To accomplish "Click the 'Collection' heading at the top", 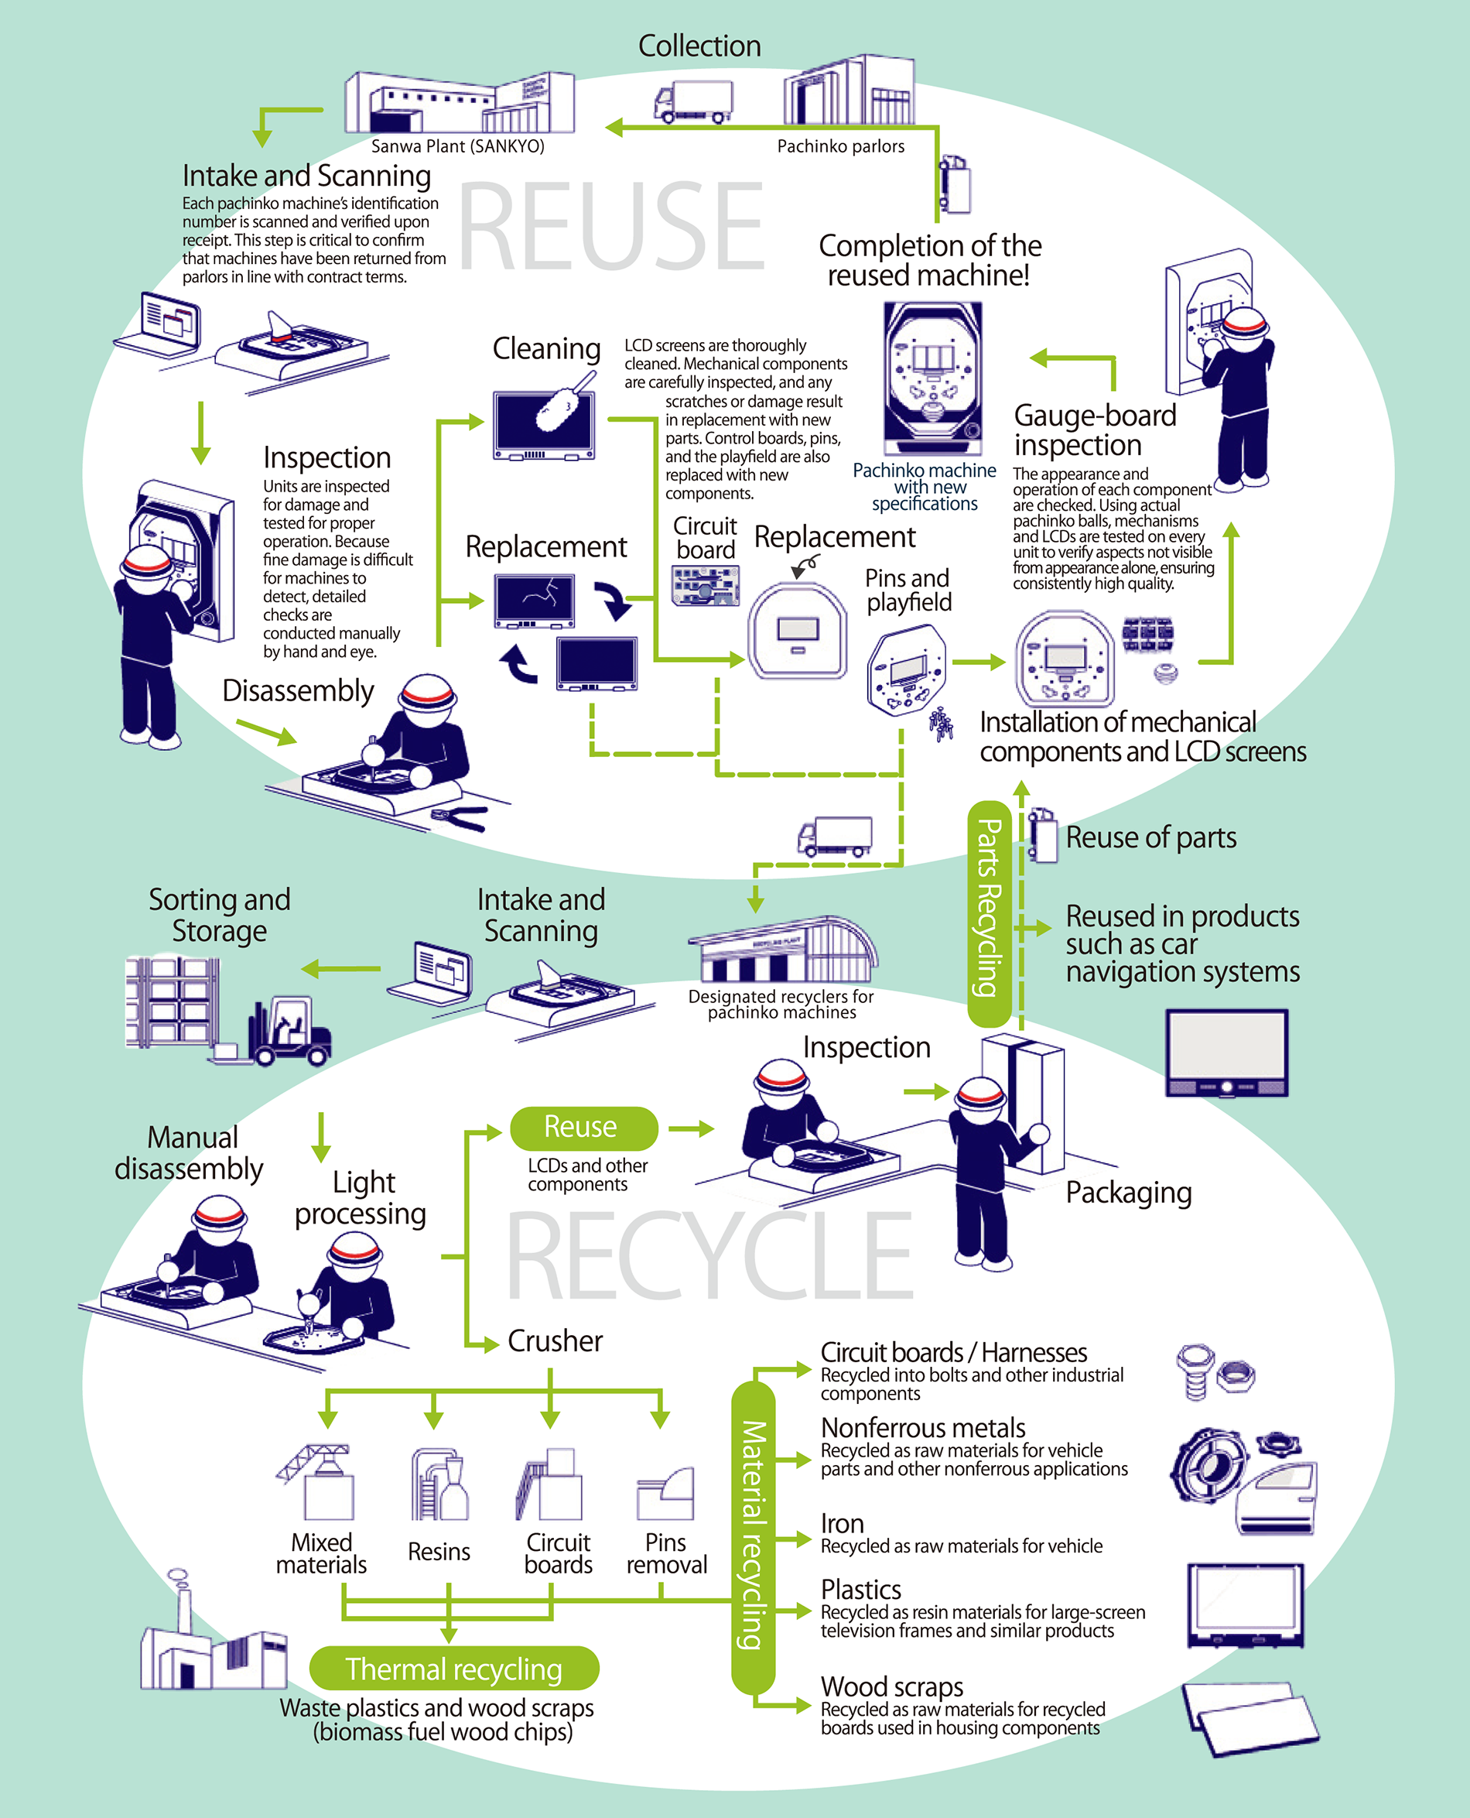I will coord(699,46).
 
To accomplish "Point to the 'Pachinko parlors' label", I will coord(840,146).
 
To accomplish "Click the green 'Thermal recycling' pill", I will coord(454,1668).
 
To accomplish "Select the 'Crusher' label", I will coord(555,1341).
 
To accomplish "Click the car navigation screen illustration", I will coord(1226,1052).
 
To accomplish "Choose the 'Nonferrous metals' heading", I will coord(922,1428).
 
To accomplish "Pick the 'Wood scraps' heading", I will coord(891,1686).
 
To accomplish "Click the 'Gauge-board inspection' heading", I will coord(1094,430).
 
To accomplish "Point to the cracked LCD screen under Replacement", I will coord(535,601).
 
